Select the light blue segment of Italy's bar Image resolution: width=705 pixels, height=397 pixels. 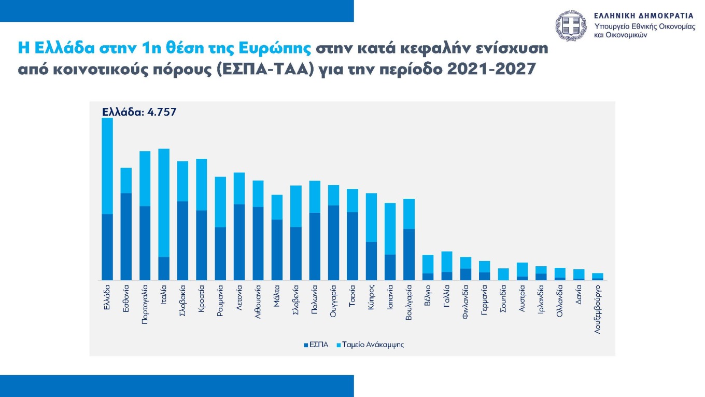click(164, 202)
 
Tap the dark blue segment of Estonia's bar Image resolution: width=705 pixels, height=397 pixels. click(126, 236)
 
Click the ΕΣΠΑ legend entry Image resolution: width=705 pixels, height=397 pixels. click(316, 345)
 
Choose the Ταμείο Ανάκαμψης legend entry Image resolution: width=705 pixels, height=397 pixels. click(370, 345)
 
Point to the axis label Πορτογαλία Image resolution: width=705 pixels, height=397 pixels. click(145, 304)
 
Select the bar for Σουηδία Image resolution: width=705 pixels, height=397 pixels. click(503, 274)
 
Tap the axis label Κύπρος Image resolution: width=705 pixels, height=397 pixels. click(371, 297)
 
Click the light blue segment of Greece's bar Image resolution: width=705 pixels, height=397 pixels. click(107, 166)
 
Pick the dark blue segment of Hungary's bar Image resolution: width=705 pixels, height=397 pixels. click(333, 242)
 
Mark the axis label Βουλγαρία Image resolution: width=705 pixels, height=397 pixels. click(408, 302)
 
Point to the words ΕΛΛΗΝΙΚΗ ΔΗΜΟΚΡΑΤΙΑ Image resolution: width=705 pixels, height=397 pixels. click(643, 16)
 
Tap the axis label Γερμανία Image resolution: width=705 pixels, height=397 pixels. click(484, 300)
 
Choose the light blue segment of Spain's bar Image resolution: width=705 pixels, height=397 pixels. click(390, 228)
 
